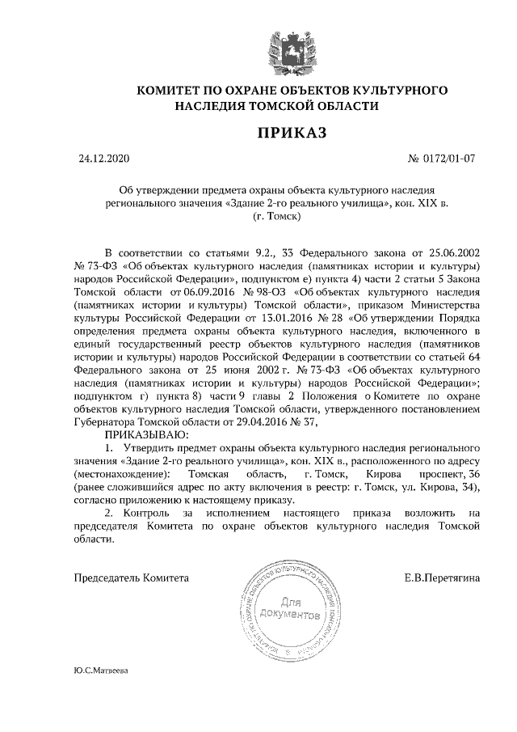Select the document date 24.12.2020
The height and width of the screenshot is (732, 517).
point(103,159)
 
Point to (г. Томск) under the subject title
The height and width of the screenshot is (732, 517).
point(279,217)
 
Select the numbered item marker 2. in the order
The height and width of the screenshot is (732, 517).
point(111,513)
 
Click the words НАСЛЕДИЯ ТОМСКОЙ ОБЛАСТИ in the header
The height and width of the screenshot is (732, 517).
point(278,105)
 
